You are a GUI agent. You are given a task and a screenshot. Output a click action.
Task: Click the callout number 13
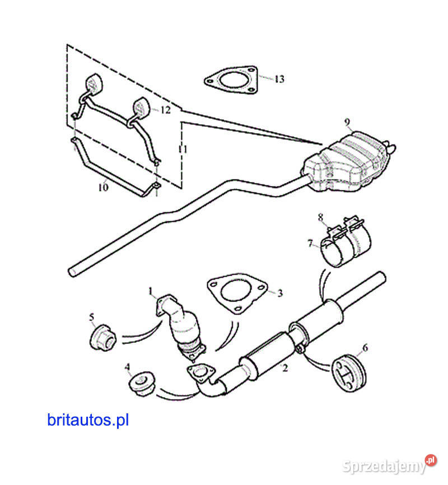pyautogui.click(x=279, y=80)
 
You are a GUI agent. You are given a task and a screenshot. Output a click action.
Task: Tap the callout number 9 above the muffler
pyautogui.click(x=347, y=122)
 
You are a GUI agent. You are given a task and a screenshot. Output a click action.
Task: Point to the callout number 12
pyautogui.click(x=165, y=110)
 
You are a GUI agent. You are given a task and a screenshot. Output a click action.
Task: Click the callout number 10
pyautogui.click(x=103, y=188)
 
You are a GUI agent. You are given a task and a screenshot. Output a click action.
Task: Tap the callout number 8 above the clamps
pyautogui.click(x=321, y=217)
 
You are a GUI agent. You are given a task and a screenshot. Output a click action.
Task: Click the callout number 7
pyautogui.click(x=310, y=243)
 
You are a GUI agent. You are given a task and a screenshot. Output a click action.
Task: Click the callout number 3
pyautogui.click(x=279, y=293)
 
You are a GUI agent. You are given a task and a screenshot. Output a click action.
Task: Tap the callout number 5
pyautogui.click(x=92, y=318)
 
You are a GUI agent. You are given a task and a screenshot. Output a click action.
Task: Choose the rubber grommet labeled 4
pyautogui.click(x=140, y=385)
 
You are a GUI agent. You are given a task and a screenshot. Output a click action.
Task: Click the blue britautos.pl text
pyautogui.click(x=88, y=420)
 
